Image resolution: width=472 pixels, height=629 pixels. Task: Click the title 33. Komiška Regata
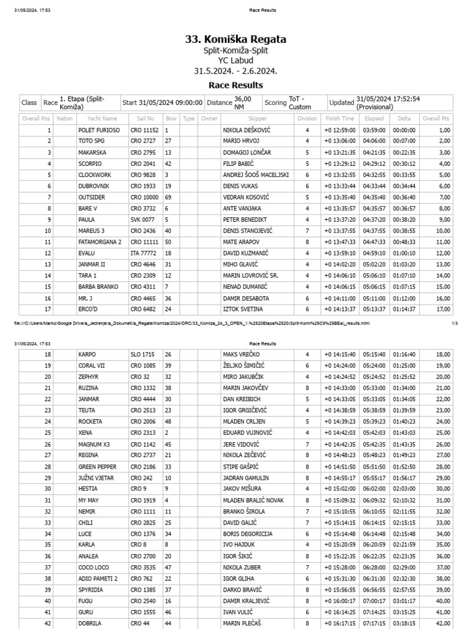pyautogui.click(x=235, y=39)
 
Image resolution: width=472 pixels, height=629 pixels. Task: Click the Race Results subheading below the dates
pyautogui.click(x=235, y=85)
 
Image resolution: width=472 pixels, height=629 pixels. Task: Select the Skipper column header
pyautogui.click(x=258, y=119)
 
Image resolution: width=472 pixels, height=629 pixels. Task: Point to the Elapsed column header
pyautogui.click(x=374, y=119)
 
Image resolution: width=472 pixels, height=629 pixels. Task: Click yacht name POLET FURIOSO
pyautogui.click(x=99, y=130)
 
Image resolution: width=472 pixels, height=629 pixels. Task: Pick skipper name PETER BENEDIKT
pyautogui.click(x=246, y=220)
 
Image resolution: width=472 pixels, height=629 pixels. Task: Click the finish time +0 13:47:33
pyautogui.click(x=339, y=242)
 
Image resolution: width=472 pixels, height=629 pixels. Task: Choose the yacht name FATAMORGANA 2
pyautogui.click(x=100, y=242)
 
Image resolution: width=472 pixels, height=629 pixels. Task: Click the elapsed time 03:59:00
pyautogui.click(x=374, y=130)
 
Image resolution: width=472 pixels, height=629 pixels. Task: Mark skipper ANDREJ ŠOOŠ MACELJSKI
pyautogui.click(x=256, y=175)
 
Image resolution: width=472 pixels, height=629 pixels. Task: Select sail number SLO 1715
pyautogui.click(x=143, y=354)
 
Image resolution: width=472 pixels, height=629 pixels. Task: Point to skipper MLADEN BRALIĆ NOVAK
pyautogui.click(x=253, y=501)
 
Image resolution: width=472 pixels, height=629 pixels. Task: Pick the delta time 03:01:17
pyautogui.click(x=404, y=601)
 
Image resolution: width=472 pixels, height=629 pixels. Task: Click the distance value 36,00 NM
pyautogui.click(x=243, y=103)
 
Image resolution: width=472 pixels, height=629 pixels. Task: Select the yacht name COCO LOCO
pyautogui.click(x=94, y=568)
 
